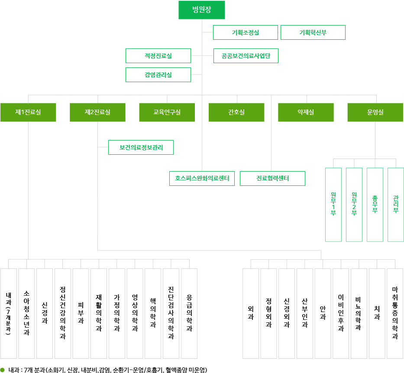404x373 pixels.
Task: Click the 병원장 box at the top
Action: click(x=202, y=10)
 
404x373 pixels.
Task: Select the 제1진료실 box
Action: click(x=28, y=112)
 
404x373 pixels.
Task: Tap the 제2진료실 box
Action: click(x=97, y=112)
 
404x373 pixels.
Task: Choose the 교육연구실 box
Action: click(x=167, y=112)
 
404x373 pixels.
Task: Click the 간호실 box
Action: click(x=236, y=112)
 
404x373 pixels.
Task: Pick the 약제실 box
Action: click(x=306, y=112)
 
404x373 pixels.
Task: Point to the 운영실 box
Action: click(x=375, y=112)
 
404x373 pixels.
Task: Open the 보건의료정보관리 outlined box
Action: click(x=141, y=147)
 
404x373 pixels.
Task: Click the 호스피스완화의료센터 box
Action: click(x=202, y=178)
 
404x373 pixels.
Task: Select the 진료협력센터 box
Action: click(x=272, y=178)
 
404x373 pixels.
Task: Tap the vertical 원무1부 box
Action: click(x=333, y=204)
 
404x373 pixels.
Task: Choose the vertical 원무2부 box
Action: click(x=354, y=204)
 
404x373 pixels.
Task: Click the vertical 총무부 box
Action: click(x=375, y=204)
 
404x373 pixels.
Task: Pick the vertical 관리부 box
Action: click(x=396, y=204)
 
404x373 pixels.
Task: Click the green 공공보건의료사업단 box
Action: click(x=246, y=56)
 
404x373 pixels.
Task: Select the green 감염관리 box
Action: click(x=158, y=74)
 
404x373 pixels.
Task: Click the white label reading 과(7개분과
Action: click(x=9, y=313)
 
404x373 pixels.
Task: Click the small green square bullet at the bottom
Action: click(x=3, y=370)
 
